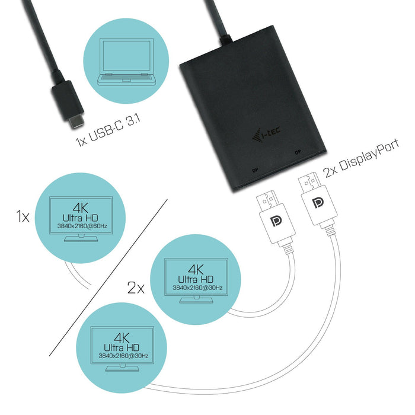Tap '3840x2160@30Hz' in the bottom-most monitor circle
click(x=116, y=357)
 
